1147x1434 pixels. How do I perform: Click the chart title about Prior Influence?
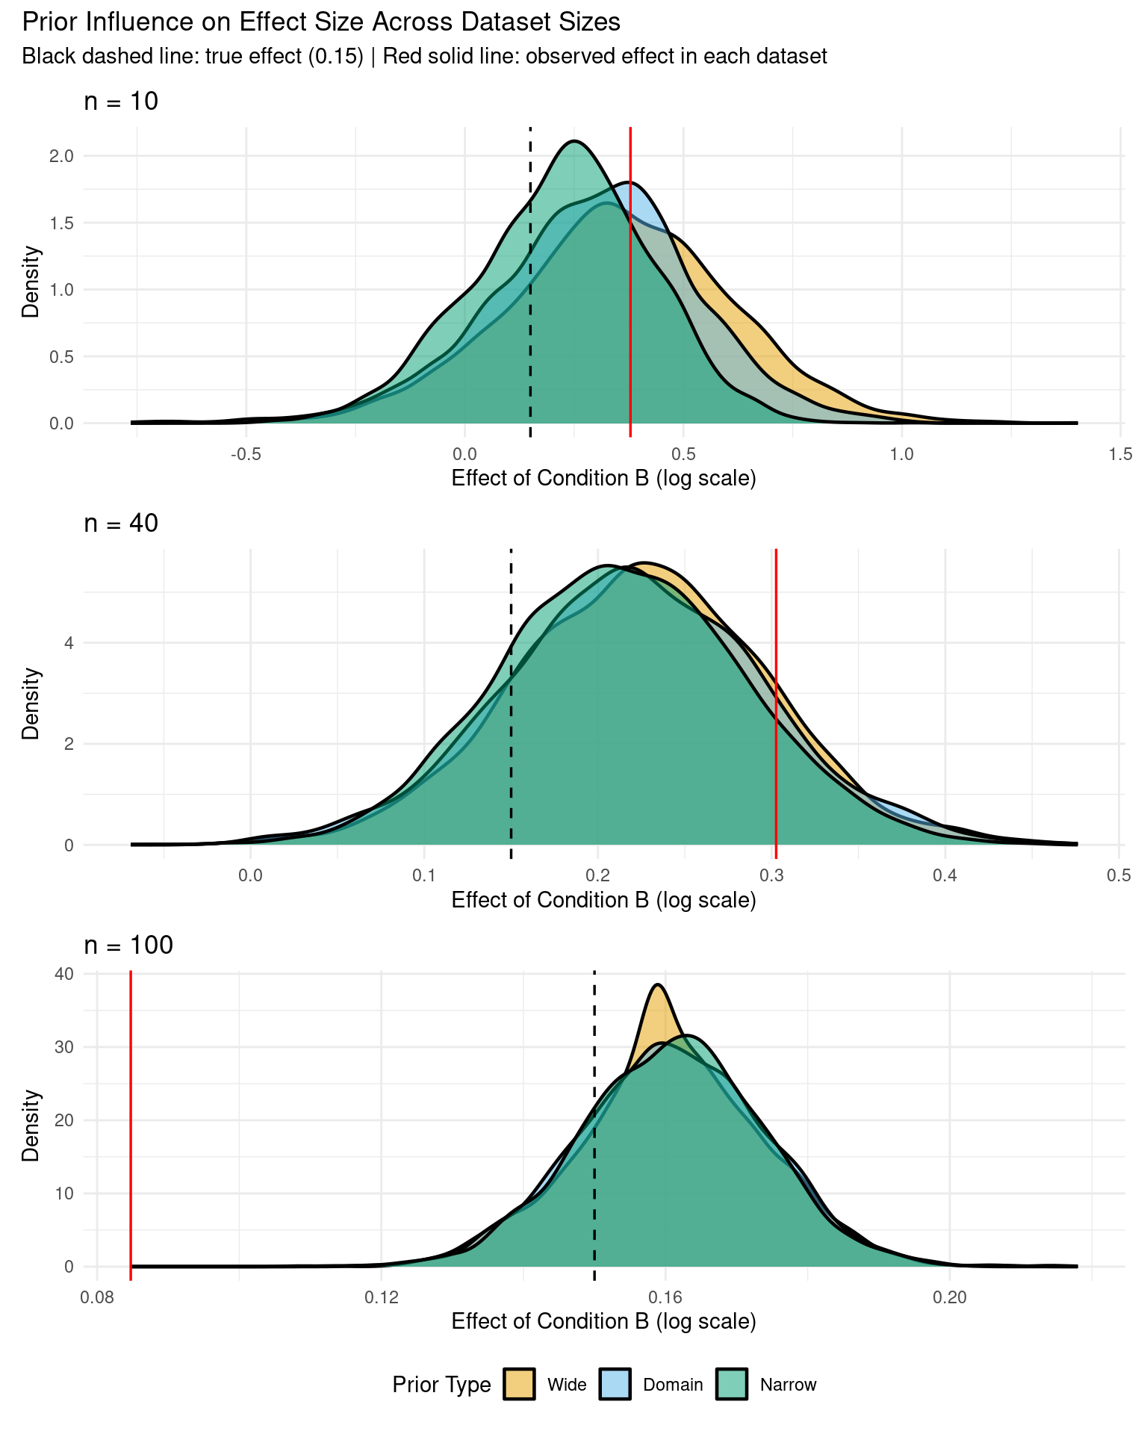pos(321,22)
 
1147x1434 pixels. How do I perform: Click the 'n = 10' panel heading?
pos(121,101)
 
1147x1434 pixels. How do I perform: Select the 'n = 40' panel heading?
pos(121,524)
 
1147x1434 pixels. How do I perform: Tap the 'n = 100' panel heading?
pos(128,946)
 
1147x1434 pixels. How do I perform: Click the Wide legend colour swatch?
pos(519,1384)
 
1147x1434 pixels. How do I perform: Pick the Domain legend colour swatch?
pos(615,1384)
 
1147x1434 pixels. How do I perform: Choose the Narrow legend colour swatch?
pos(732,1384)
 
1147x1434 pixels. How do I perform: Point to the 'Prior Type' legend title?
pos(441,1385)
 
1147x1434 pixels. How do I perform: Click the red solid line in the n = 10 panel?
pos(631,299)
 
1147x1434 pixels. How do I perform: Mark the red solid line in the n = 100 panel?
pos(131,1120)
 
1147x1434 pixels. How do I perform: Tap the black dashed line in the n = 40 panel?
pos(511,710)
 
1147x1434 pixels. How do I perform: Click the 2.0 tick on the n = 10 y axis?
pos(62,156)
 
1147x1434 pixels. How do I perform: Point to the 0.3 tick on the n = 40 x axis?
pos(771,875)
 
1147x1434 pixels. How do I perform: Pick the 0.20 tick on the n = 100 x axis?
pos(949,1297)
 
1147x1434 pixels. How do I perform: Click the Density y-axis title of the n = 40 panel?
pos(31,704)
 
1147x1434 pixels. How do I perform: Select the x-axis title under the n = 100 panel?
pos(603,1321)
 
